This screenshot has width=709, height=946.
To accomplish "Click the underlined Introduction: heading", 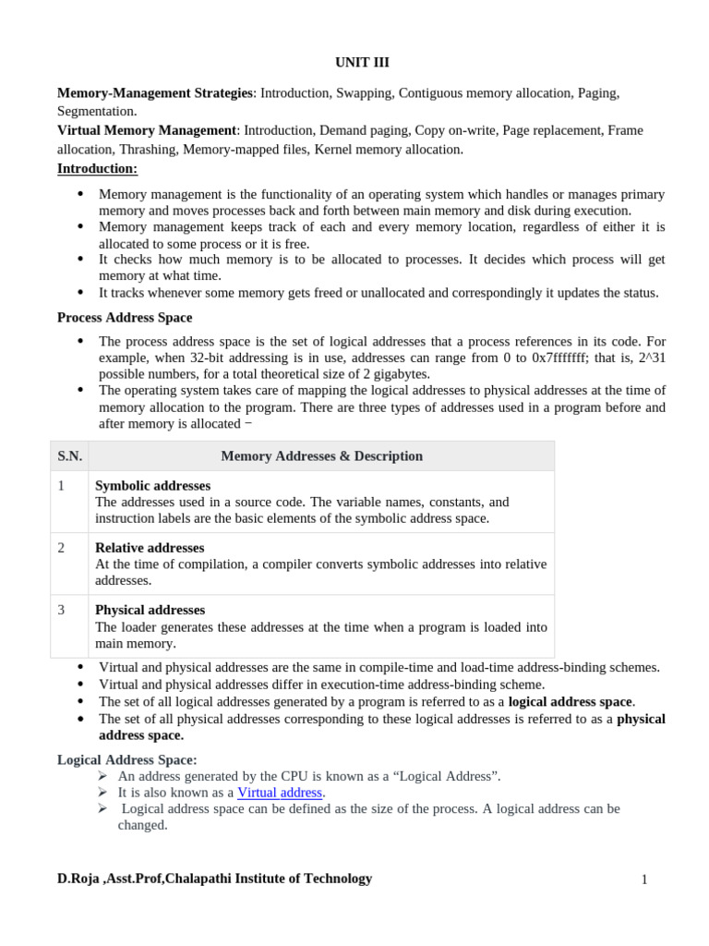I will [x=97, y=168].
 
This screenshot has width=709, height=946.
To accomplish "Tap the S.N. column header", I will [x=69, y=456].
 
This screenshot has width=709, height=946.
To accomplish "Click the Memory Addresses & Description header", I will [x=321, y=456].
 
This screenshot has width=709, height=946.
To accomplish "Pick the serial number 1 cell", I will [x=62, y=486].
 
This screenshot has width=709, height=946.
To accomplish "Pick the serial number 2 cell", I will [x=62, y=548].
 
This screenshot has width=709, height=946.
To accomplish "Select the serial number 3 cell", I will [x=62, y=610].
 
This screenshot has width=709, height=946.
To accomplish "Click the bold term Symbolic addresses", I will [x=152, y=486].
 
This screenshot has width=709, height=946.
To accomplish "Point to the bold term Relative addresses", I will [x=150, y=548].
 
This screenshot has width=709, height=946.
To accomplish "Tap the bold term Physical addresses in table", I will [x=150, y=610].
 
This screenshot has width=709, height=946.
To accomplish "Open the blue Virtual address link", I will [x=280, y=793].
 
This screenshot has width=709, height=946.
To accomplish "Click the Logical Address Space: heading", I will [x=126, y=759].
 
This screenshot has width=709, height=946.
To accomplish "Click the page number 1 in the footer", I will [x=644, y=880].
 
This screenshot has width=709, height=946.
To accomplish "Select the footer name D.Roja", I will [x=78, y=879].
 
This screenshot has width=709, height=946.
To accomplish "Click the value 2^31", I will [x=649, y=358].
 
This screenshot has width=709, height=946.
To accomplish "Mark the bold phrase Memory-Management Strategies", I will [x=154, y=93].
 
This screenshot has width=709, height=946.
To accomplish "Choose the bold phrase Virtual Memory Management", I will [x=147, y=130].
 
